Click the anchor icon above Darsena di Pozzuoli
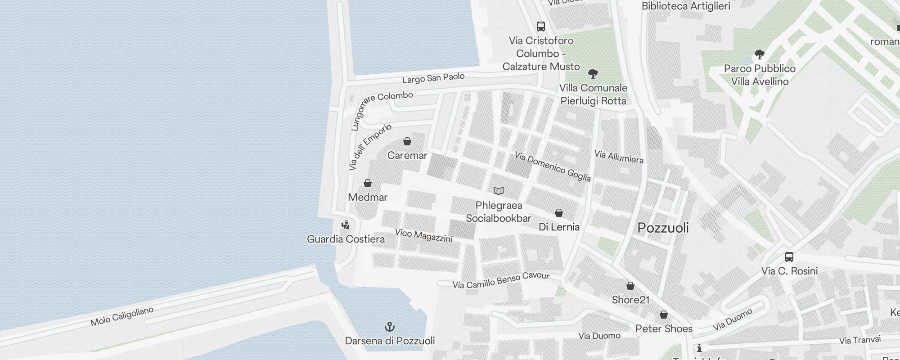pos(390,327)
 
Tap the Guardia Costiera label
pos(346,239)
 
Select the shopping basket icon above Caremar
pos(407,142)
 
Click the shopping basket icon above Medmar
pos(368,183)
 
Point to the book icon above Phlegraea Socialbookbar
pos(498,191)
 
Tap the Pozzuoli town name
pos(663,228)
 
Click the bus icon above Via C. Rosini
pos(789,257)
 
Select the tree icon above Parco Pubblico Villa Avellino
pos(759,55)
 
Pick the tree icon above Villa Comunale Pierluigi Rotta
pos(593,74)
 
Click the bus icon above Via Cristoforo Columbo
pos(541,27)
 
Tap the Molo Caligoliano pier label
pos(122,316)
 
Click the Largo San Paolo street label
pos(433,78)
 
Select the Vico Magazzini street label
pos(423,235)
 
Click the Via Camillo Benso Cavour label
pos(501,280)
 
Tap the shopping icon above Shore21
pos(630,286)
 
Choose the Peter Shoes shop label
pos(664,328)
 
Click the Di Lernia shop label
pos(559,227)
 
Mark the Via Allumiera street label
pos(619,157)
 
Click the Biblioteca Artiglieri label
pos(686,6)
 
